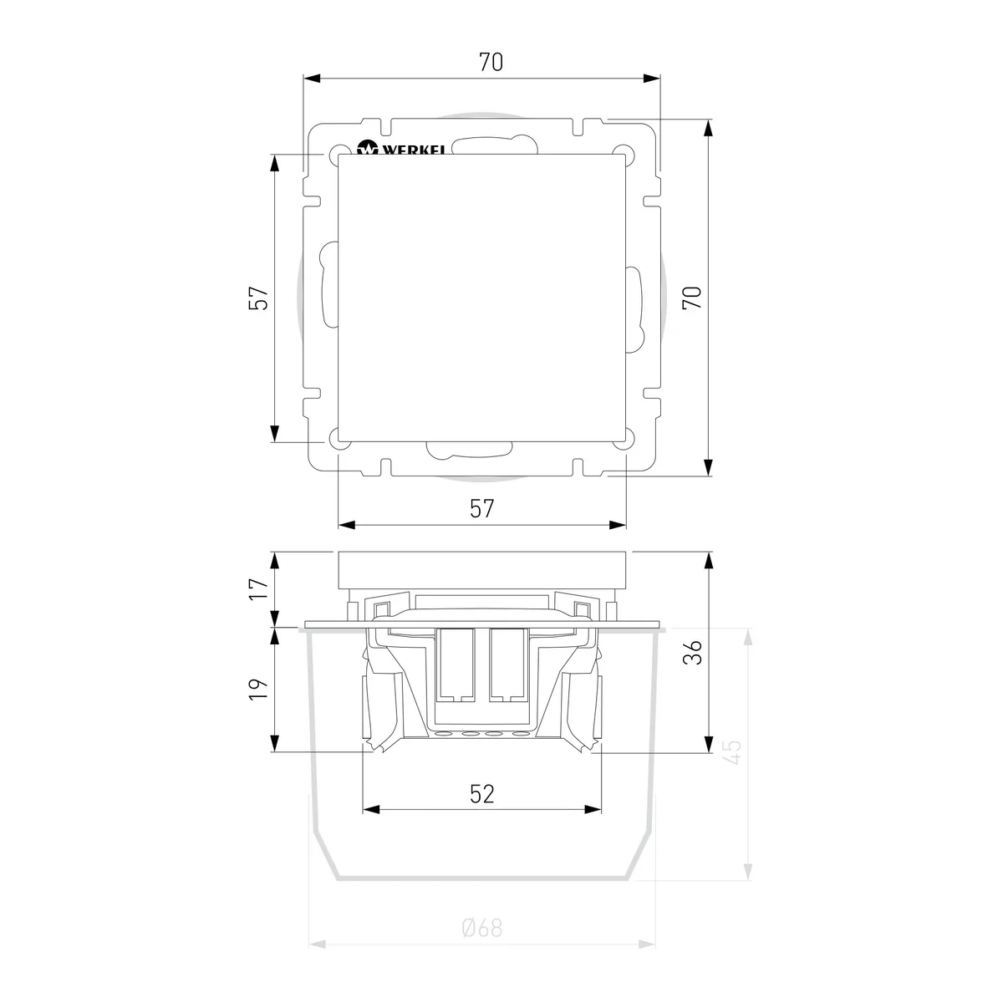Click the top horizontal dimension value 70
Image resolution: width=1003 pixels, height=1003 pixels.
pos(491,63)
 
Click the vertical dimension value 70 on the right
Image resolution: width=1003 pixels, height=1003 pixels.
pos(692,298)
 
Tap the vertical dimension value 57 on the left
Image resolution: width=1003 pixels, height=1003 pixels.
pos(258,298)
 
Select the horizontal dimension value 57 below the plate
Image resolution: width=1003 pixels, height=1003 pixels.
pos(481,508)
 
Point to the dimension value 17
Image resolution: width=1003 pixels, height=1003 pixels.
pos(258,588)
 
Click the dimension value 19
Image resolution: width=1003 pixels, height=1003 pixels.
pos(258,689)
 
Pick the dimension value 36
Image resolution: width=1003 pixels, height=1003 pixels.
pos(692,653)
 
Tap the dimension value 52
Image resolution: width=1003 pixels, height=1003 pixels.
pos(481,794)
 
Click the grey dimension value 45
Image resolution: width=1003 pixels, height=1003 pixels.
pos(732,752)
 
